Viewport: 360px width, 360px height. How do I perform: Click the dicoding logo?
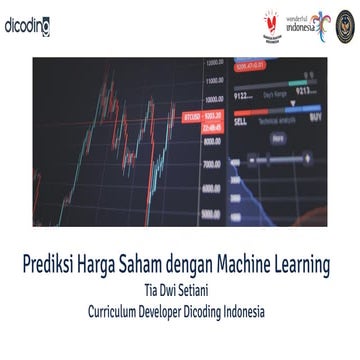click(27, 25)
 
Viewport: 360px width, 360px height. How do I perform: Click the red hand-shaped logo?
click(270, 22)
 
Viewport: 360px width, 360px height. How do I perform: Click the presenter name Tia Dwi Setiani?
click(180, 292)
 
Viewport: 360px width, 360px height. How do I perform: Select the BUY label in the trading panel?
click(316, 116)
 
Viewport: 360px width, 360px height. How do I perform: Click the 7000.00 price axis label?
click(212, 163)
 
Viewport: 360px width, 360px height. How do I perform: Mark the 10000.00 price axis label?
click(213, 99)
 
